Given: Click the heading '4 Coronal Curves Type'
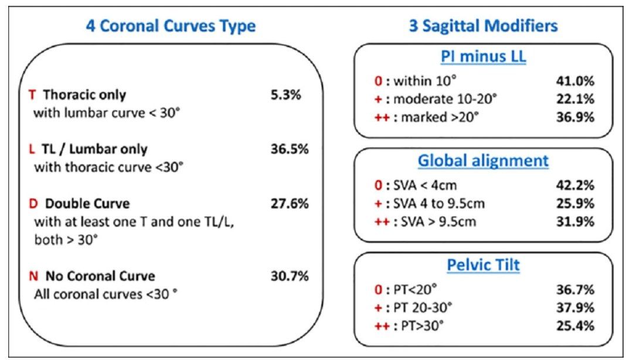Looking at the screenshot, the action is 171,26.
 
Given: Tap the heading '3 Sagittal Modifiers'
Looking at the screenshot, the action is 483,26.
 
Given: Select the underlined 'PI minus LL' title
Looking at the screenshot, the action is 484,56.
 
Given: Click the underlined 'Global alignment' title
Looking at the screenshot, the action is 483,161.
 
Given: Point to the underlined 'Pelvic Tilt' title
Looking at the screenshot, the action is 484,265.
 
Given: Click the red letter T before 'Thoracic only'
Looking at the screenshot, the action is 32,95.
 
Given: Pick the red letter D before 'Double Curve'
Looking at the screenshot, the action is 33,203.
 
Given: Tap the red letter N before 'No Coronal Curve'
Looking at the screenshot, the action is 33,276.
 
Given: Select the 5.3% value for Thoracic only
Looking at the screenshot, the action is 285,95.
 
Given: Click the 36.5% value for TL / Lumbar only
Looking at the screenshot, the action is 290,150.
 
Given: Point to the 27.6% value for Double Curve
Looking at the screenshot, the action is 290,203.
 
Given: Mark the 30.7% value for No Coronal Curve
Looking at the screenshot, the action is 290,276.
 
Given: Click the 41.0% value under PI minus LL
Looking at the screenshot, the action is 575,81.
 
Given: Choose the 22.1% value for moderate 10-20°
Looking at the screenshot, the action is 575,99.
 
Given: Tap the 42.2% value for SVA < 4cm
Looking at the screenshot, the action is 575,185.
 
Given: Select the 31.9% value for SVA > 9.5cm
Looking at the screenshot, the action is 575,222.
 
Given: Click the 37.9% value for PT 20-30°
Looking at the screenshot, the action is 575,308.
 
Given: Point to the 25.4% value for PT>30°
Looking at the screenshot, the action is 575,326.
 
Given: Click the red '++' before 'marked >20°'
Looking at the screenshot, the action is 382,117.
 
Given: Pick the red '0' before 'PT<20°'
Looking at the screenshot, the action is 378,290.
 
